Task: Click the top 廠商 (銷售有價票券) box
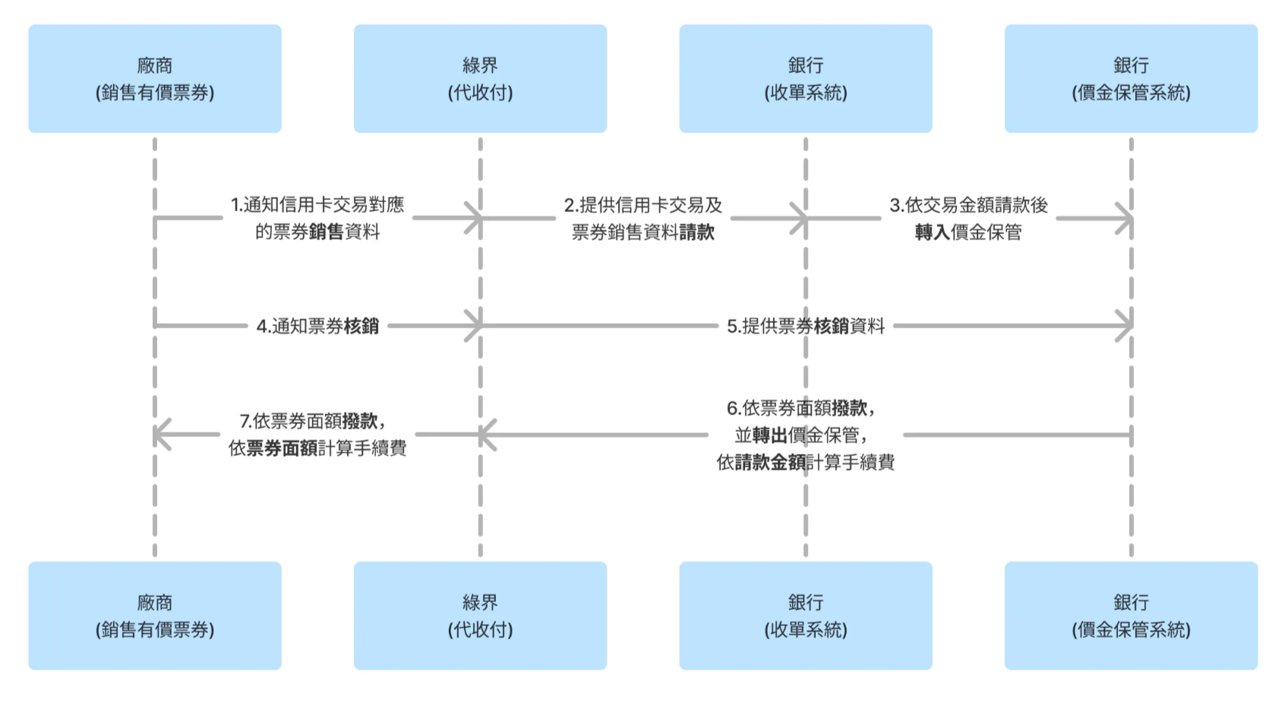[x=155, y=79]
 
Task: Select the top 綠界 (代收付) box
[x=480, y=79]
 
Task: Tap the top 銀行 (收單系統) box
[x=805, y=79]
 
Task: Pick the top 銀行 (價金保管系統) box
[x=1131, y=79]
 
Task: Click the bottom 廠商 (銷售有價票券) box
[x=155, y=616]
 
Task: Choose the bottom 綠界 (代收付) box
[x=480, y=616]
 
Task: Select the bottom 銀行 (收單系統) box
[x=805, y=616]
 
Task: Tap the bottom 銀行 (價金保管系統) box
[x=1131, y=616]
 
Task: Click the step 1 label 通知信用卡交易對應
[x=317, y=204]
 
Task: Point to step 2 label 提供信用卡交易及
[x=642, y=204]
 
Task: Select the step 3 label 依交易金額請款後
[x=968, y=204]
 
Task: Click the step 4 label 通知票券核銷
[x=317, y=326]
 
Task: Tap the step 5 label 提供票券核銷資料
[x=805, y=326]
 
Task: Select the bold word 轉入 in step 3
[x=932, y=232]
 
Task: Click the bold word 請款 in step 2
[x=697, y=232]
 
